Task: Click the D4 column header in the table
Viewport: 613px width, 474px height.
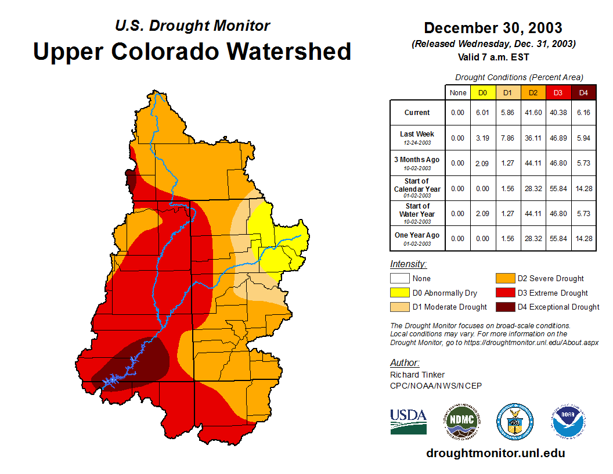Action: (583, 92)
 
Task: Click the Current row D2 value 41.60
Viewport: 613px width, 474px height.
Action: (533, 113)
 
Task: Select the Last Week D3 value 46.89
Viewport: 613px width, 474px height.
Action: (558, 138)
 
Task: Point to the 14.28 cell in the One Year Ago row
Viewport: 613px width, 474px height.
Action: (583, 238)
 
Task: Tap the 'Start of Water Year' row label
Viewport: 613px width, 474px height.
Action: (417, 213)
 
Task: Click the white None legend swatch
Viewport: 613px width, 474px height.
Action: (399, 279)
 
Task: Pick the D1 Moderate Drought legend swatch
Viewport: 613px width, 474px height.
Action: (399, 307)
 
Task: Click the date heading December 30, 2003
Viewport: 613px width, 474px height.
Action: (492, 28)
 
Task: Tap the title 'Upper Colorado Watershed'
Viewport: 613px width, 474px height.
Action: (192, 51)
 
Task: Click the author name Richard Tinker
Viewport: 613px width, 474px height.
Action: (417, 375)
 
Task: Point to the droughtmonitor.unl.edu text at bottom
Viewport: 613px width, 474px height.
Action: (495, 453)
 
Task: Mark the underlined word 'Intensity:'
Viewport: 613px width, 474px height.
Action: (408, 264)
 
